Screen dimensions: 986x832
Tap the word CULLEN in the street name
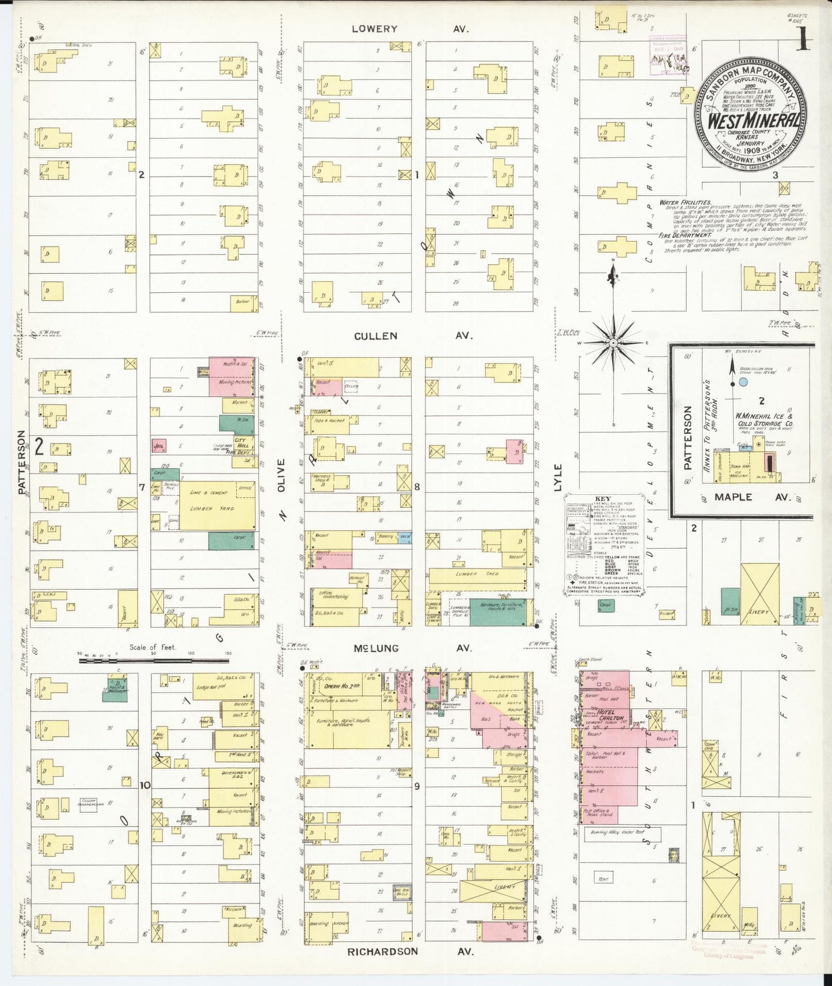375,336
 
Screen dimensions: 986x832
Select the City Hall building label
240,442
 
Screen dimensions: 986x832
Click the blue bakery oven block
405,536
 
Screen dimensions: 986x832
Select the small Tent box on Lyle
603,878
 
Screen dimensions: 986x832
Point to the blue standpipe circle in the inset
743,382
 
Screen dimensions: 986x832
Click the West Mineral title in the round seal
753,121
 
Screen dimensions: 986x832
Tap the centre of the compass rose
614,343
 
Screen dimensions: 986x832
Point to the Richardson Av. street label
410,951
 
